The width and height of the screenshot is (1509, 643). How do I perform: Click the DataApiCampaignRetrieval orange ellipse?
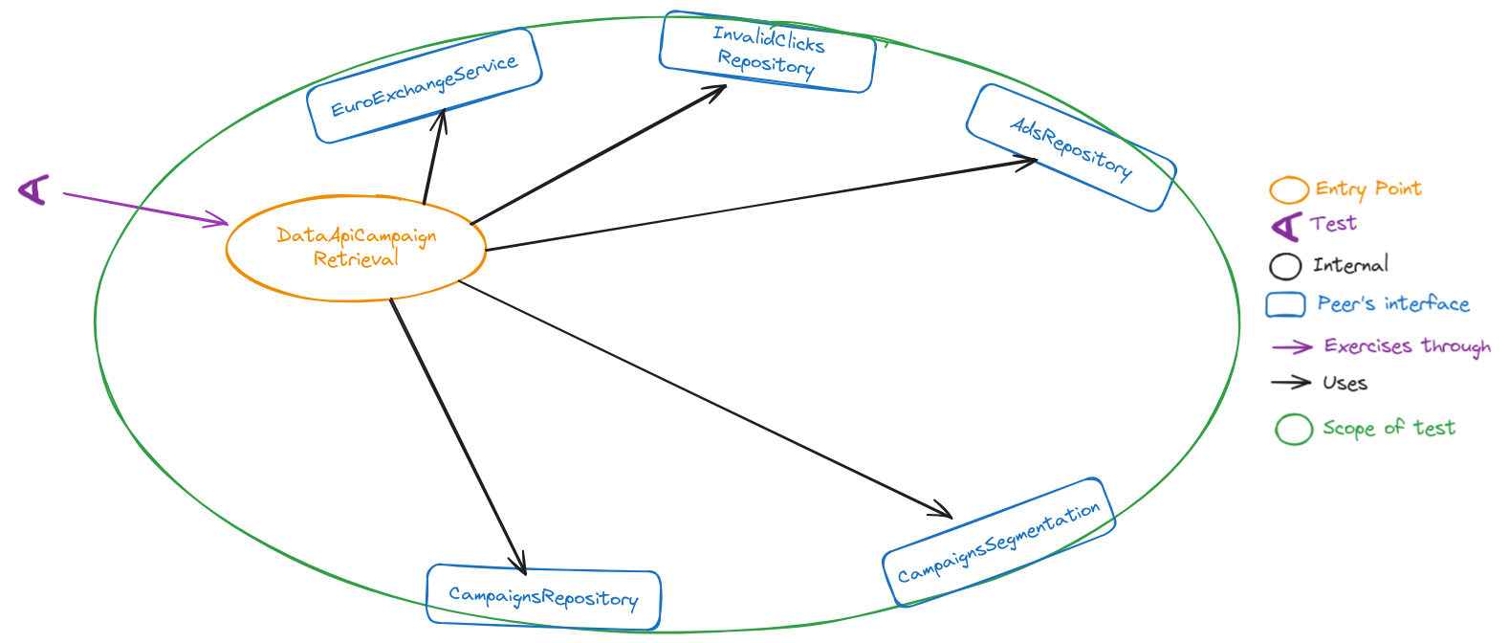pos(356,248)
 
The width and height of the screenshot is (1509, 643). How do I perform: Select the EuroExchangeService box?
pos(425,86)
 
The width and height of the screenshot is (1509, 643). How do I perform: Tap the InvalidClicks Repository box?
pos(768,52)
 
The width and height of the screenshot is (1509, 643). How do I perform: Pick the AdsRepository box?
pos(1071,148)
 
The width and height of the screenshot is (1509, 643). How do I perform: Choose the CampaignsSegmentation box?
pos(998,543)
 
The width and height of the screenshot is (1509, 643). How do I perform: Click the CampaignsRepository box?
pos(543,598)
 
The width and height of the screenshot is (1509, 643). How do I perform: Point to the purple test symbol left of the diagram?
pos(34,189)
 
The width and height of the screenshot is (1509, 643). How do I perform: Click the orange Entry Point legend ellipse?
pos(1288,190)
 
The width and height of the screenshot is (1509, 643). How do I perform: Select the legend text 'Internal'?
pos(1350,265)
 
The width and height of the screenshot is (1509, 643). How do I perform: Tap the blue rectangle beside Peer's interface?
pos(1285,304)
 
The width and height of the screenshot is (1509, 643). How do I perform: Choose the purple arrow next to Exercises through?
pos(1291,346)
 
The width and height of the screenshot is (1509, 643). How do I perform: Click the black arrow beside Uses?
pos(1290,383)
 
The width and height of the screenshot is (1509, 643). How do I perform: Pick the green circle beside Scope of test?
pos(1293,430)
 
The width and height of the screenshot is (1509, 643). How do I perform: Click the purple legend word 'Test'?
pos(1333,224)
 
